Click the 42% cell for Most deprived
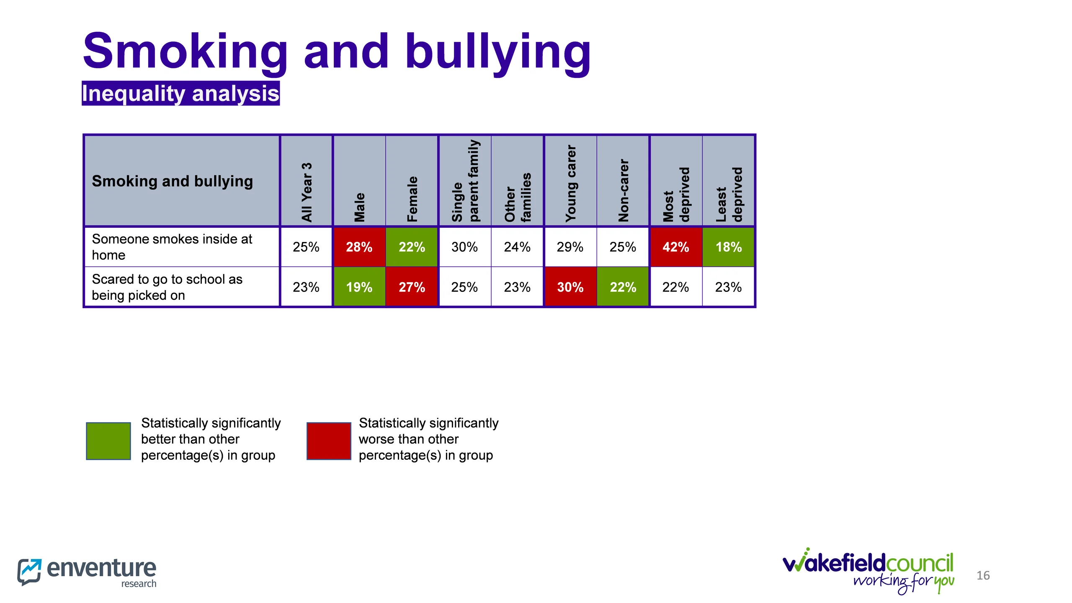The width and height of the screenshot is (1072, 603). [675, 247]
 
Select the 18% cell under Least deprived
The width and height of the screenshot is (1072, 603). [728, 247]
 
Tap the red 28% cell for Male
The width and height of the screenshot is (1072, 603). [359, 247]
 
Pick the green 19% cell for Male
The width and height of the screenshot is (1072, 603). [359, 287]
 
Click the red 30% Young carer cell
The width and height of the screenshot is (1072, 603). [570, 287]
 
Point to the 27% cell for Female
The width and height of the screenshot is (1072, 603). [412, 287]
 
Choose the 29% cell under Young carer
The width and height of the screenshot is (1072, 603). [570, 247]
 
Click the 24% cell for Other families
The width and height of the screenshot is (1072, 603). [517, 247]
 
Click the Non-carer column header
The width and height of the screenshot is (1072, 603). [623, 190]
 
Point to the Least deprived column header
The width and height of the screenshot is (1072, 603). [729, 194]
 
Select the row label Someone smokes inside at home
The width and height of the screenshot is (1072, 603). [172, 247]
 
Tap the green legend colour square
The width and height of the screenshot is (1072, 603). [108, 441]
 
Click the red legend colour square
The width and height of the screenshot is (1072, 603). [329, 441]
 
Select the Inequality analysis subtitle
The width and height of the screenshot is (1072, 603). [180, 93]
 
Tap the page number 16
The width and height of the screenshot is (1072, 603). [983, 575]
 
